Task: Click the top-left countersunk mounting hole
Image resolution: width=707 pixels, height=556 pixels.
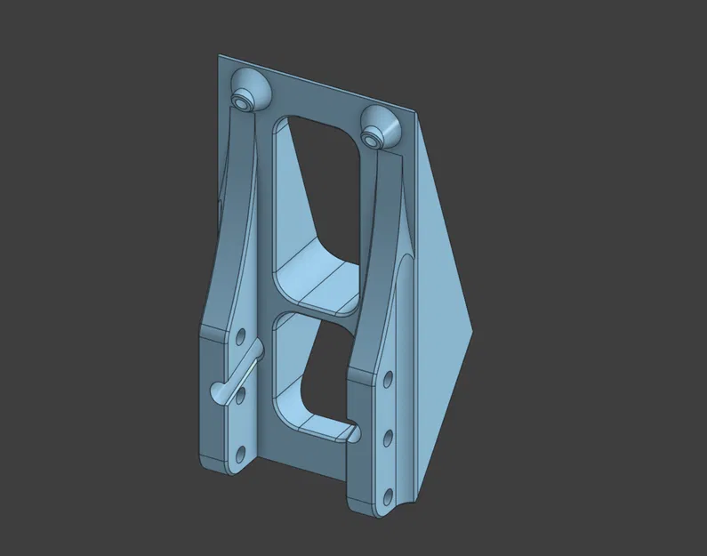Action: click(243, 101)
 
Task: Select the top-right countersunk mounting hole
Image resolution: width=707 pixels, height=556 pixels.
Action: click(374, 135)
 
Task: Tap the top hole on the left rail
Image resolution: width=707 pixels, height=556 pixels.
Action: click(239, 336)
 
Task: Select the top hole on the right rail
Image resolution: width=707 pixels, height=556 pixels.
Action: click(390, 380)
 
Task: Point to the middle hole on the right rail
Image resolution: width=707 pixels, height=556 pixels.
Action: click(388, 436)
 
